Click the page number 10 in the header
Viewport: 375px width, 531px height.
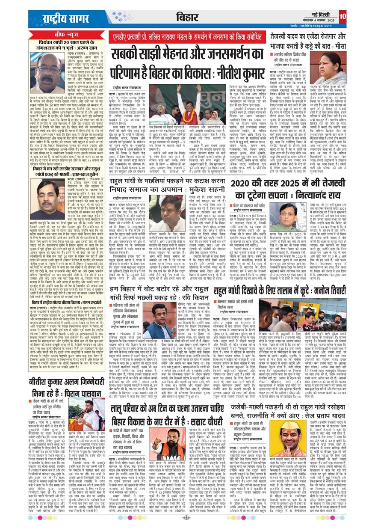click(x=343, y=16)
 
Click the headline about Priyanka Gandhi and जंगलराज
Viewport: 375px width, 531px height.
click(x=67, y=45)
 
